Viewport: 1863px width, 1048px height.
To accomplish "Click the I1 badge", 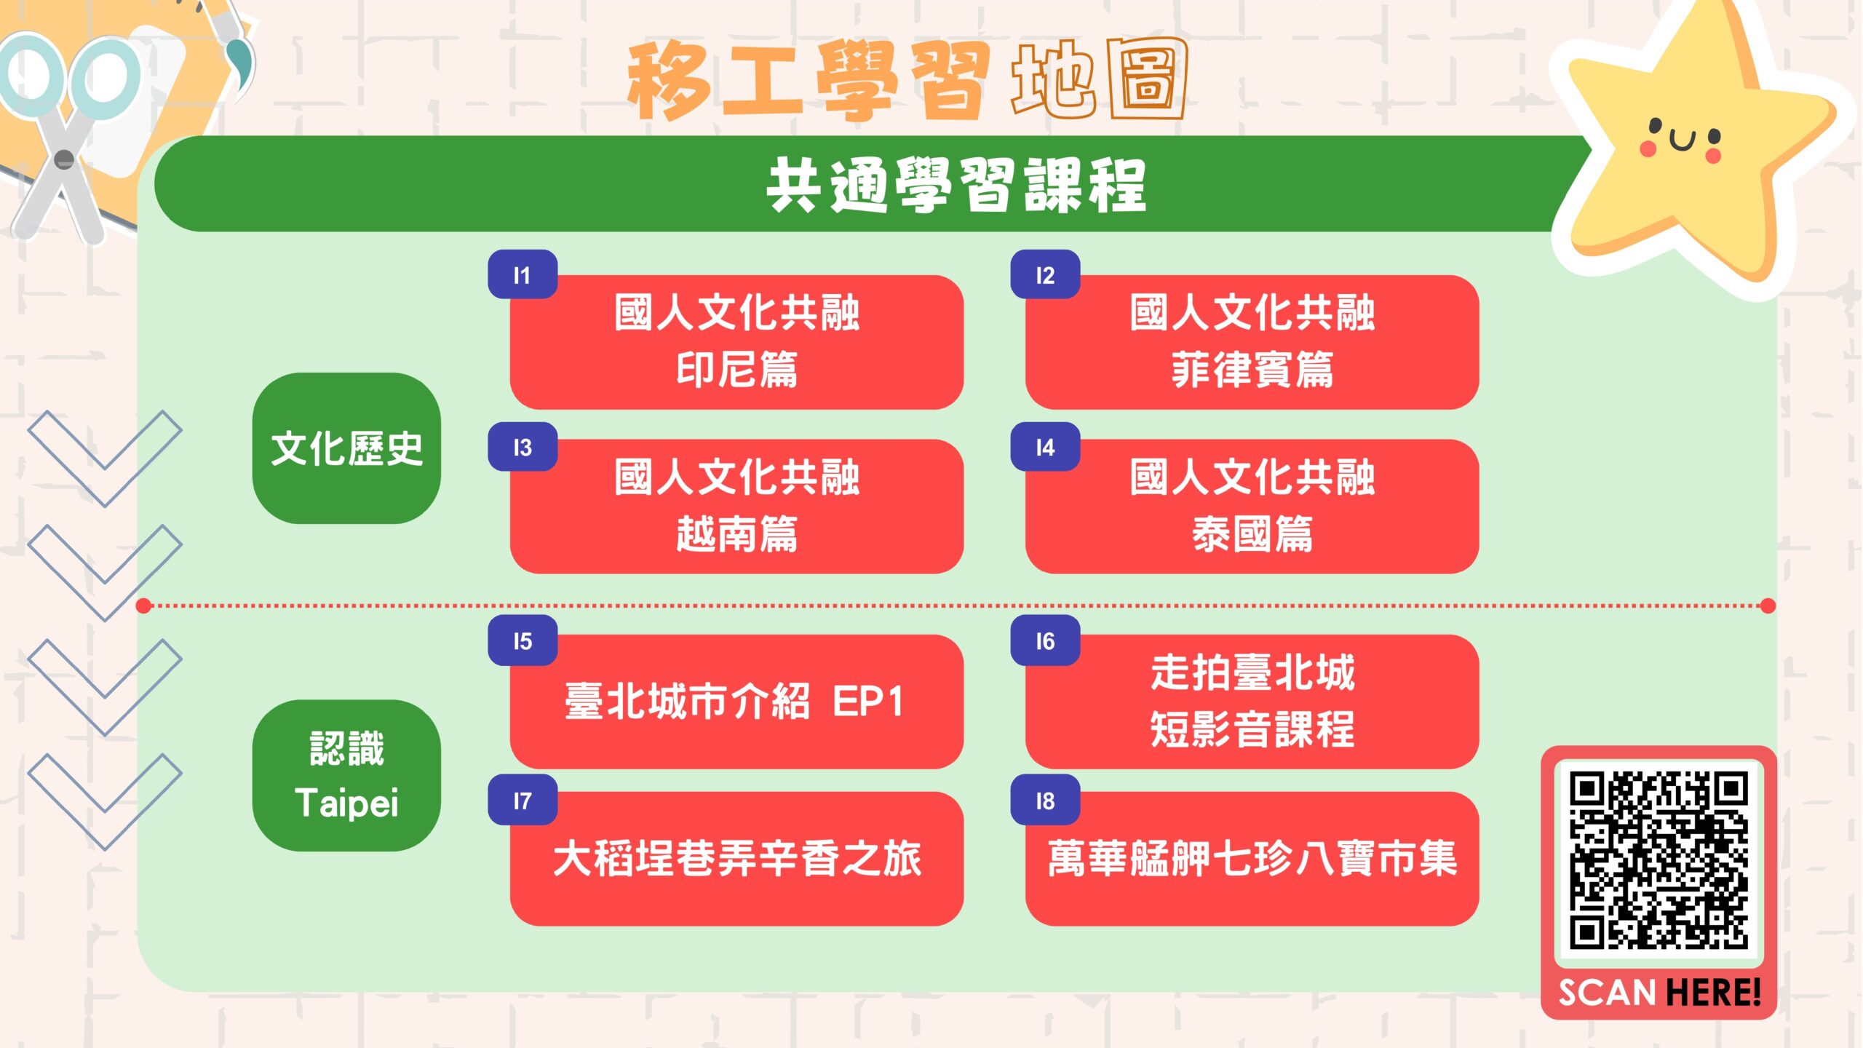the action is pyautogui.click(x=523, y=274).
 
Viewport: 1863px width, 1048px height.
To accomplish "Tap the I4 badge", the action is pyautogui.click(x=1045, y=447).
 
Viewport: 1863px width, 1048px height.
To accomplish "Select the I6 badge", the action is pyautogui.click(x=1045, y=640).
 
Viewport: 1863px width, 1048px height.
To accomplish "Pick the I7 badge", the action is pyautogui.click(x=523, y=801).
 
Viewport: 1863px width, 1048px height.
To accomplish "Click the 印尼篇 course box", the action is pyautogui.click(x=736, y=342).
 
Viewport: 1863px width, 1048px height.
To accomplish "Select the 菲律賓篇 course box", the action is pyautogui.click(x=1252, y=342).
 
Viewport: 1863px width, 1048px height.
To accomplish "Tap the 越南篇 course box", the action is pyautogui.click(x=736, y=507).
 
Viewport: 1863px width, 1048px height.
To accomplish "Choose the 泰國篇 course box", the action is pyautogui.click(x=1252, y=507).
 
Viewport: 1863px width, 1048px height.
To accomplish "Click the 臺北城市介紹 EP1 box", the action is pyautogui.click(x=736, y=702).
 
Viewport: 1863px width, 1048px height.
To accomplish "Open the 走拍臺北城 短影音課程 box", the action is pyautogui.click(x=1252, y=702).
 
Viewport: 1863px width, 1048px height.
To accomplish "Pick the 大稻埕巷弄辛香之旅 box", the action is pyautogui.click(x=736, y=859).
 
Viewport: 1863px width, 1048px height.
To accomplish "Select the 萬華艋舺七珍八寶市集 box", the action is pyautogui.click(x=1252, y=859).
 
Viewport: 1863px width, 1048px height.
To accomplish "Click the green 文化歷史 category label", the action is pyautogui.click(x=346, y=448).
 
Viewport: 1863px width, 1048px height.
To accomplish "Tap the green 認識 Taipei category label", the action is pyautogui.click(x=346, y=776).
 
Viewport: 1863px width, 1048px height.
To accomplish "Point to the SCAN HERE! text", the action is pyautogui.click(x=1659, y=992).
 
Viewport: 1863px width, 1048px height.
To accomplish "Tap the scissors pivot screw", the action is pyautogui.click(x=64, y=159).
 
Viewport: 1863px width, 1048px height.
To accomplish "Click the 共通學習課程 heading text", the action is pyautogui.click(x=956, y=185).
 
